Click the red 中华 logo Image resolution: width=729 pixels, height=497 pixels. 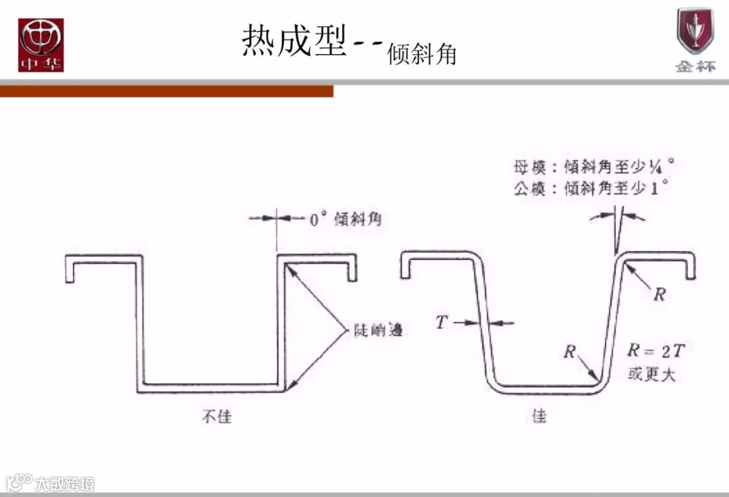click(40, 45)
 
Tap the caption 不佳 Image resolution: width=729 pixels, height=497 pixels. click(217, 416)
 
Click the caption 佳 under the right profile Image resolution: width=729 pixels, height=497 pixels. click(539, 416)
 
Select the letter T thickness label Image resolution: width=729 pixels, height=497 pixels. click(441, 323)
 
